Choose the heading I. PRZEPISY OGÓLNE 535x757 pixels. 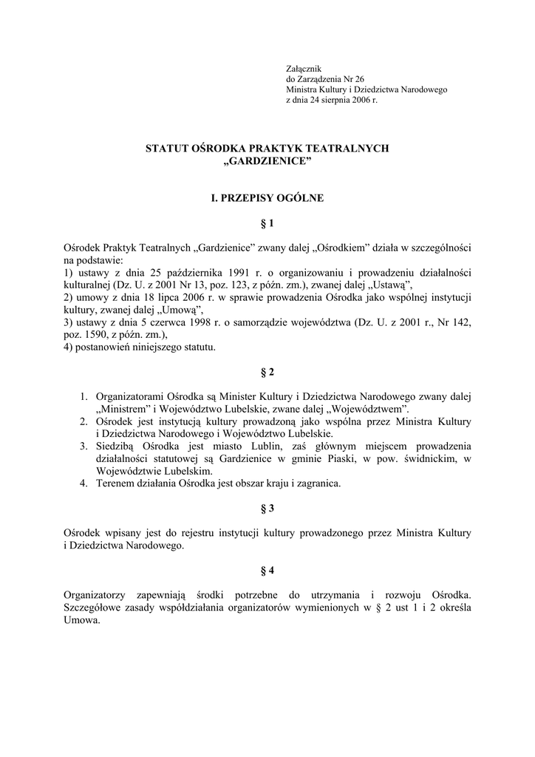pyautogui.click(x=267, y=198)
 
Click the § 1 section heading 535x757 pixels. pyautogui.click(x=267, y=223)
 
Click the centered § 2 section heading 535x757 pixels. pyautogui.click(x=267, y=372)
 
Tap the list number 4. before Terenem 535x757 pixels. pyautogui.click(x=85, y=483)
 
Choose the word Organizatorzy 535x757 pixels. pyautogui.click(x=92, y=595)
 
